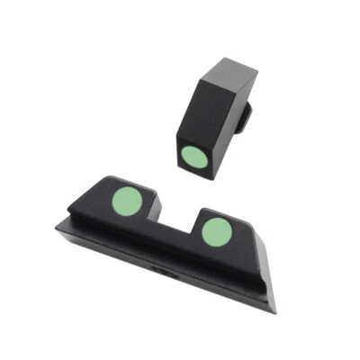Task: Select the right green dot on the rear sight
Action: click(x=216, y=232)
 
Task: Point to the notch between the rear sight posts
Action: click(x=176, y=220)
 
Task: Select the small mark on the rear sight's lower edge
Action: click(x=162, y=269)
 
